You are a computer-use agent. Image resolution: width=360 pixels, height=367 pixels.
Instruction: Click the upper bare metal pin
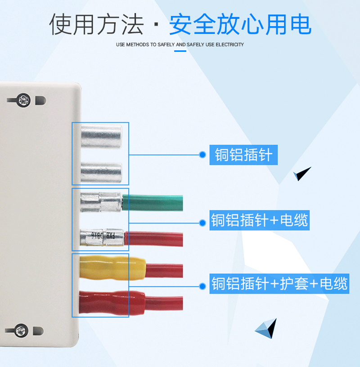tap(101, 135)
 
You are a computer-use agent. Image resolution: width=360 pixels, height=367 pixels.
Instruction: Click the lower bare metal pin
tap(101, 172)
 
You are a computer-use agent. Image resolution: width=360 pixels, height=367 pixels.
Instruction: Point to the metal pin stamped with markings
tap(101, 236)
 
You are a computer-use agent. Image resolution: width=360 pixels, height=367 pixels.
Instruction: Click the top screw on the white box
tap(23, 99)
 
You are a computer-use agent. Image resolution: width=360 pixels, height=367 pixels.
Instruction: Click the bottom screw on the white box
tap(20, 330)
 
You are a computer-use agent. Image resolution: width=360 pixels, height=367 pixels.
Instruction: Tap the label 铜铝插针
tap(243, 155)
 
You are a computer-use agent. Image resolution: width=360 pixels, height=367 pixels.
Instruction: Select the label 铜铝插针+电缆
tap(260, 221)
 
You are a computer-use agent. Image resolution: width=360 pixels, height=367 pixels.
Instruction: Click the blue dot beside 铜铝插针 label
tap(202, 155)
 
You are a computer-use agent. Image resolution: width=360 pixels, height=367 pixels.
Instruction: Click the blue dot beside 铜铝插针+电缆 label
tap(202, 222)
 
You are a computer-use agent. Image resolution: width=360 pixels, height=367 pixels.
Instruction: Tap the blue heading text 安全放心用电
tap(240, 24)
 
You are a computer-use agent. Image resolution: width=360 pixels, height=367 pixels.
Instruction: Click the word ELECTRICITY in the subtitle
tap(230, 45)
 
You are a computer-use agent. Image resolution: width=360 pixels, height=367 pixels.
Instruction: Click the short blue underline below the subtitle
tap(180, 51)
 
